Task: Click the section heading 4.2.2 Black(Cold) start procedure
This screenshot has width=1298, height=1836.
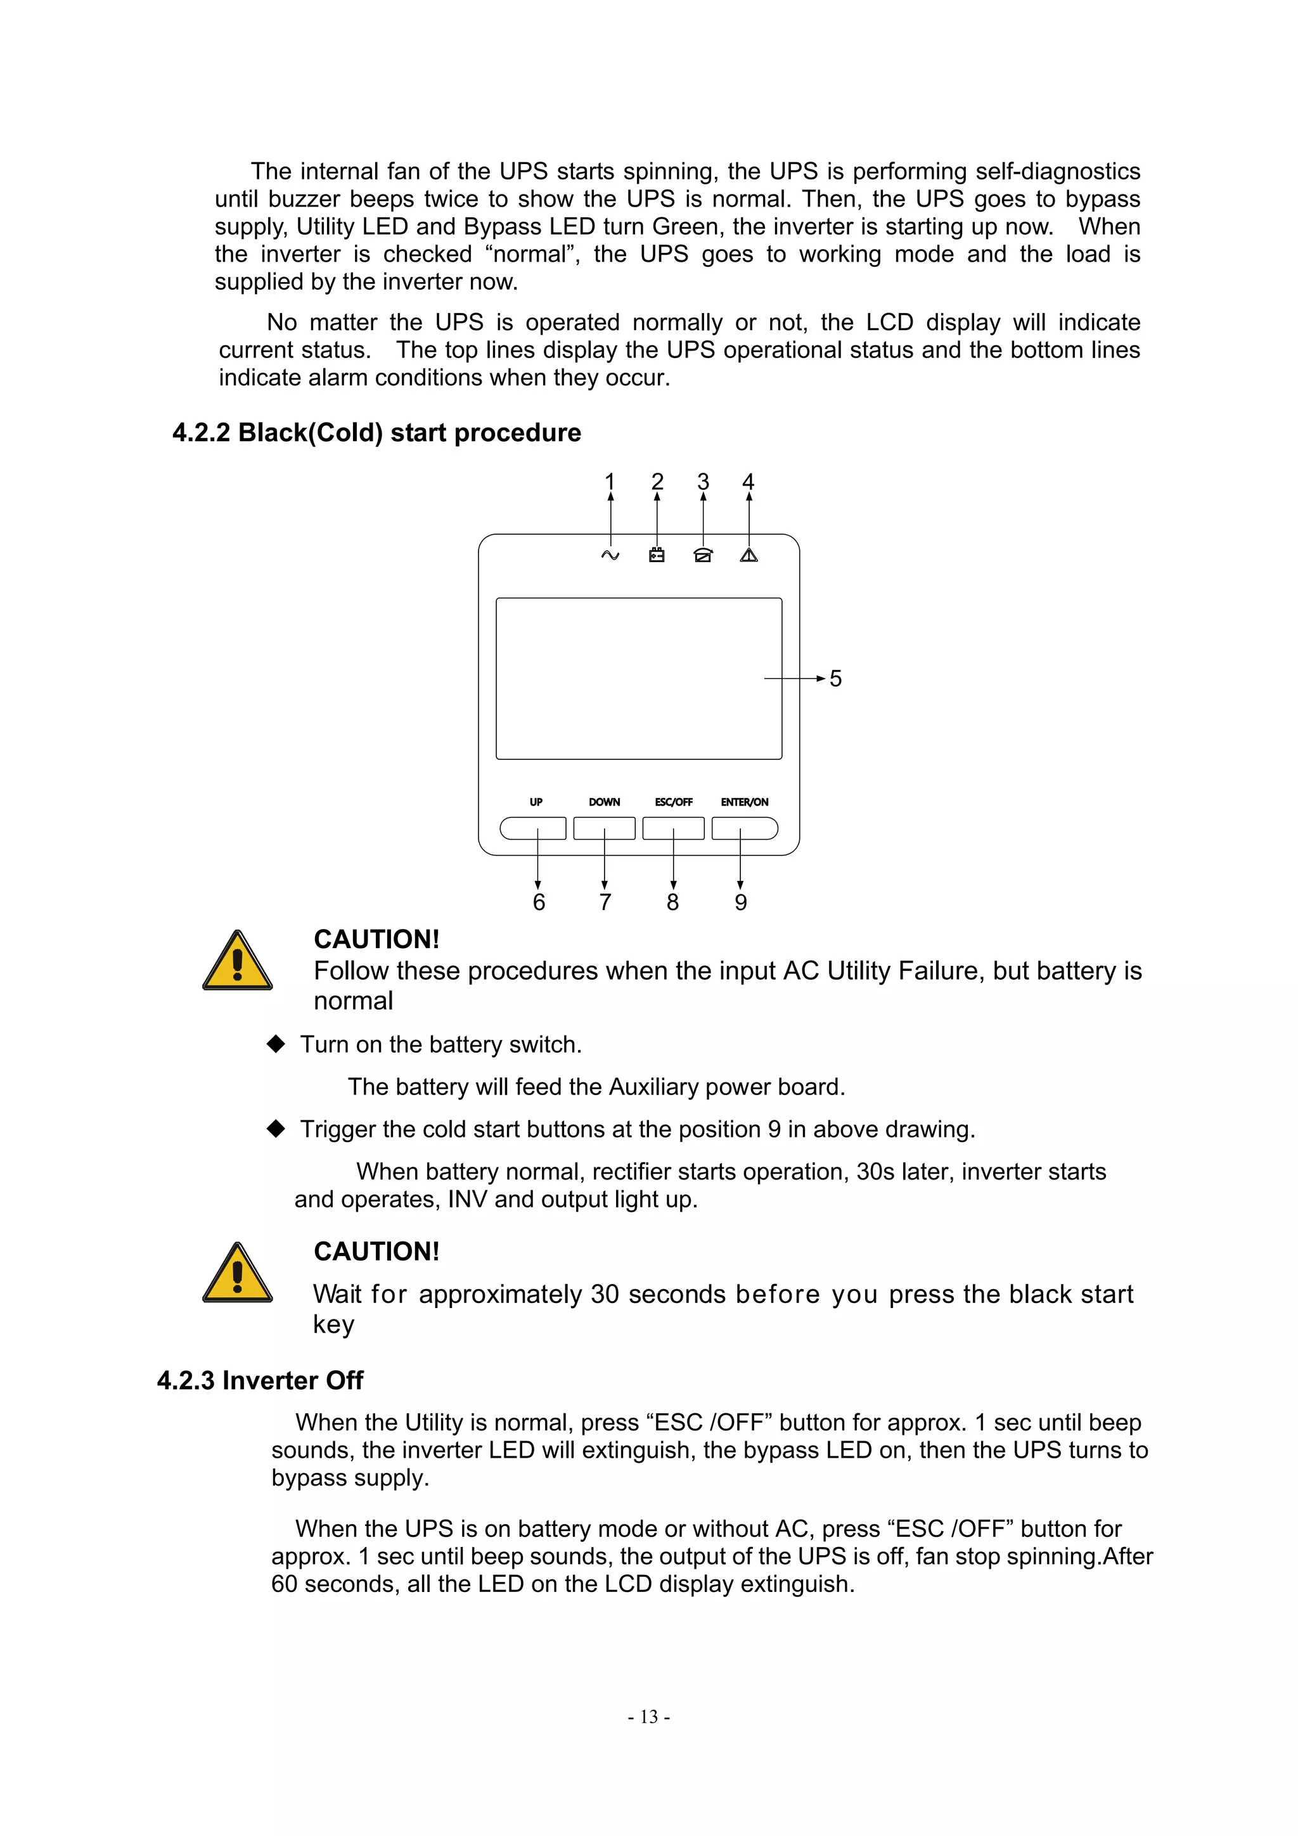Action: point(376,433)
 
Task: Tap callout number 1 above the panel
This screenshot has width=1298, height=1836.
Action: point(610,482)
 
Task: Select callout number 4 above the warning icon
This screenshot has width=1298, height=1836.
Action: point(749,482)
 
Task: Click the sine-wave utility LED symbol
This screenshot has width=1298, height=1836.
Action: point(610,555)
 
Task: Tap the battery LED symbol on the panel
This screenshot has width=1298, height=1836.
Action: point(657,555)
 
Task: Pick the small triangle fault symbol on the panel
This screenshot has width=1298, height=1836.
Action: point(749,555)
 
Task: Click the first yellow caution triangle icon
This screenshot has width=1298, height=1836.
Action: point(238,962)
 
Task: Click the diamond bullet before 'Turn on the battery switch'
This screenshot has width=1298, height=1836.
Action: point(276,1044)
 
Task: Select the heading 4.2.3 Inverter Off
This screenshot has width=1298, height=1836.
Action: point(260,1380)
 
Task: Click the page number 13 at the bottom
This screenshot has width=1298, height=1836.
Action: point(648,1717)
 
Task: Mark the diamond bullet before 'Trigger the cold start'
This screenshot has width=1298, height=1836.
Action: point(276,1128)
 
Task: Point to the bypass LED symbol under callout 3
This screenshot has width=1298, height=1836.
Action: point(703,555)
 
